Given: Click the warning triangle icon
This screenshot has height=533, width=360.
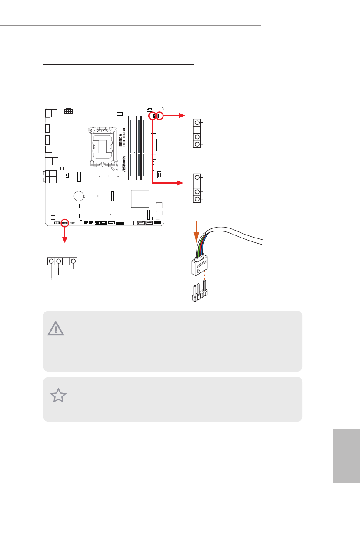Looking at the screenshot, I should click(56, 329).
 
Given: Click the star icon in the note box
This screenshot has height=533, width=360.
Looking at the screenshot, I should click(58, 396).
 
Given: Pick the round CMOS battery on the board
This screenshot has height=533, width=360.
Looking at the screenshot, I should click(79, 196).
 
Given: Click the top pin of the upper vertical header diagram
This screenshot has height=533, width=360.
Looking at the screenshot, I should click(197, 123).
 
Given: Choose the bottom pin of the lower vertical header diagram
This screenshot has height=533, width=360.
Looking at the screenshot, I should click(197, 199).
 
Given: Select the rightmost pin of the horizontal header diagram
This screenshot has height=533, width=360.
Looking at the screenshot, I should click(73, 261).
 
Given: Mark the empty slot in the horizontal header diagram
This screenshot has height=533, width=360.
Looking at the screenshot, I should click(66, 261).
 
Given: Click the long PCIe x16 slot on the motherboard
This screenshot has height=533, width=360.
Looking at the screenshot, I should click(90, 186).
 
